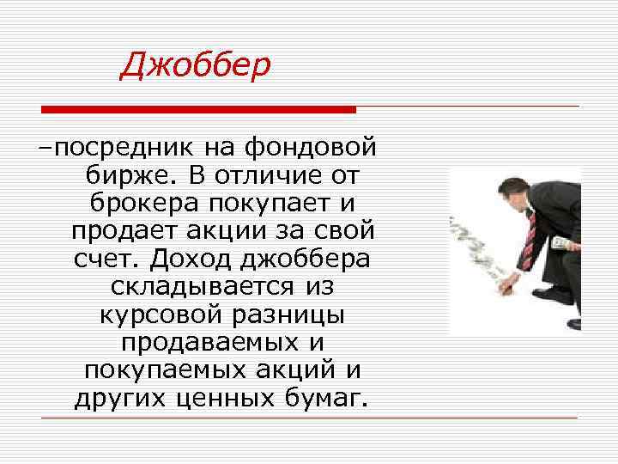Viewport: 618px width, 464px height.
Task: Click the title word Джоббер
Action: coord(195,64)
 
